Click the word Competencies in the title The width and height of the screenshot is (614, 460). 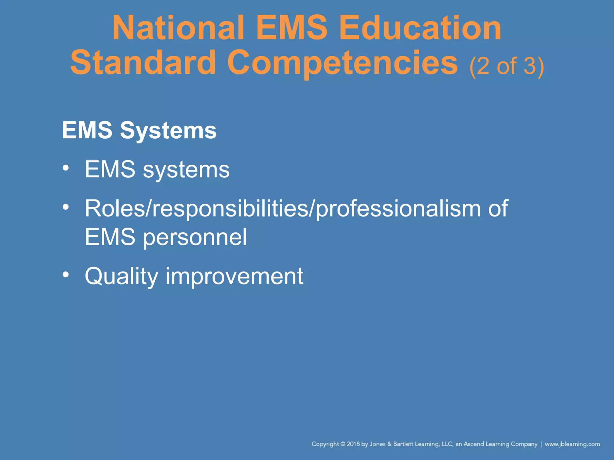click(342, 63)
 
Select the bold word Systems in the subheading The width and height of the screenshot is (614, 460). click(168, 131)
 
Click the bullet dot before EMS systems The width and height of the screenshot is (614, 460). click(66, 168)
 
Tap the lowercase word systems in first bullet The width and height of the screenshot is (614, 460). click(186, 170)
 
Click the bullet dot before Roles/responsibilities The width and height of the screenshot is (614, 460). click(66, 207)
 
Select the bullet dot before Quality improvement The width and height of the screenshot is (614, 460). click(66, 274)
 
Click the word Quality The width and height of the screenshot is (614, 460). click(121, 276)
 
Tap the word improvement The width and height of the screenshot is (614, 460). click(234, 276)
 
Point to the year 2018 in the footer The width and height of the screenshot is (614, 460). click(353, 444)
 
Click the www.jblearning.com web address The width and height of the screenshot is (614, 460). click(572, 444)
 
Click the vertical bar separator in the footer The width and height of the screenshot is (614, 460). click(541, 444)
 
